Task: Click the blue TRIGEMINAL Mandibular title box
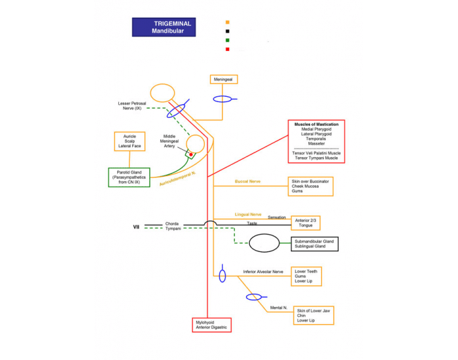coord(164,27)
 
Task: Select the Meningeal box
coord(224,79)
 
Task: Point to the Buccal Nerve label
coord(248,181)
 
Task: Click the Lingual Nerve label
coord(248,215)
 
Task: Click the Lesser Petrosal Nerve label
coord(132,106)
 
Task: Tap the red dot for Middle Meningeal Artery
coord(191,154)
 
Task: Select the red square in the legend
coord(228,49)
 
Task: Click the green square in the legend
coord(228,41)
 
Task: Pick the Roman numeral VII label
coord(136,227)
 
